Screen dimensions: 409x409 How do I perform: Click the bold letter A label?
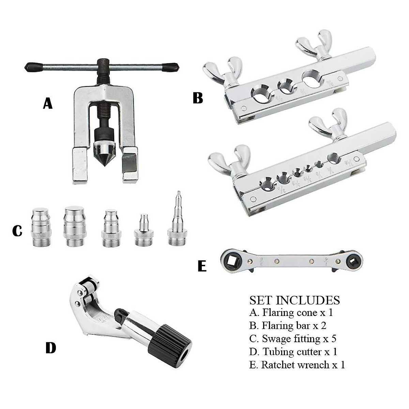pos(48,103)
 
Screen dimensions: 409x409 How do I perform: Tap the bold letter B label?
pos(198,98)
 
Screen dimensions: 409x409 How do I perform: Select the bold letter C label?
pos(17,231)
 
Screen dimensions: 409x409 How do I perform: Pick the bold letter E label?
pos(202,266)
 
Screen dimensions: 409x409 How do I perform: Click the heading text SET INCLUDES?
pos(294,300)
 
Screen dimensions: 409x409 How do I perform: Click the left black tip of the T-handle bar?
pos(33,66)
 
